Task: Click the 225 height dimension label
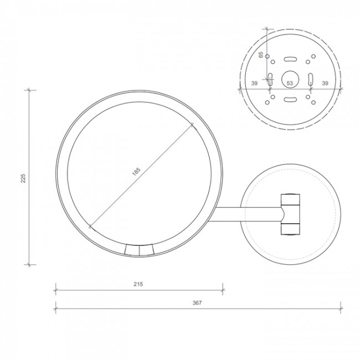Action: [x=23, y=177]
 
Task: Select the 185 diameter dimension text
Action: [x=136, y=172]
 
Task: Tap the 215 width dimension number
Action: [x=138, y=284]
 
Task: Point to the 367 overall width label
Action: [x=198, y=302]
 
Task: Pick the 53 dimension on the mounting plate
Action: [x=290, y=83]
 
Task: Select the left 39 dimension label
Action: [x=254, y=83]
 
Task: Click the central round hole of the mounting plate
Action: [x=290, y=78]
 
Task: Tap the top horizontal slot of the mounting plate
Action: [x=290, y=59]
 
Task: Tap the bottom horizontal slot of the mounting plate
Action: [x=290, y=100]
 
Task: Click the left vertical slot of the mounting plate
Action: [x=270, y=79]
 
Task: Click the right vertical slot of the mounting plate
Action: [x=310, y=79]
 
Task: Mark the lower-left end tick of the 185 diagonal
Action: [x=90, y=225]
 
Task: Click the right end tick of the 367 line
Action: [x=340, y=308]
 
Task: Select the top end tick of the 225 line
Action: [x=29, y=89]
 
